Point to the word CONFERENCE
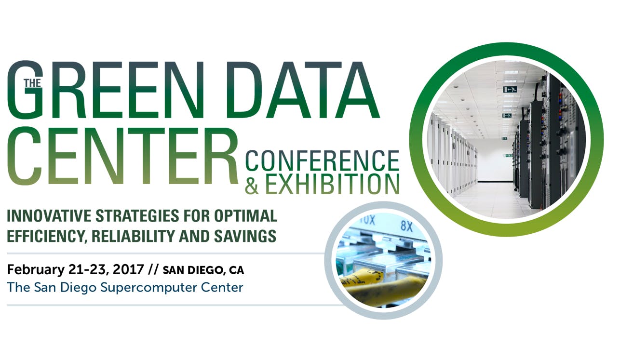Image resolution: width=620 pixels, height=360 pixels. point(322,161)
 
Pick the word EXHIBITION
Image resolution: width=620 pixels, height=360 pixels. point(332,185)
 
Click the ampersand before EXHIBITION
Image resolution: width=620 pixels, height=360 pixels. point(252,186)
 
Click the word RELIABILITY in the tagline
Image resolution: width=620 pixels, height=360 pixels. point(134,236)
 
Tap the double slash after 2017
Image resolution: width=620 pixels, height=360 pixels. point(153,269)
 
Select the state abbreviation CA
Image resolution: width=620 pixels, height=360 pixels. point(236,269)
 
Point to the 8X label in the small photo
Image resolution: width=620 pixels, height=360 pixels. point(406,226)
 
